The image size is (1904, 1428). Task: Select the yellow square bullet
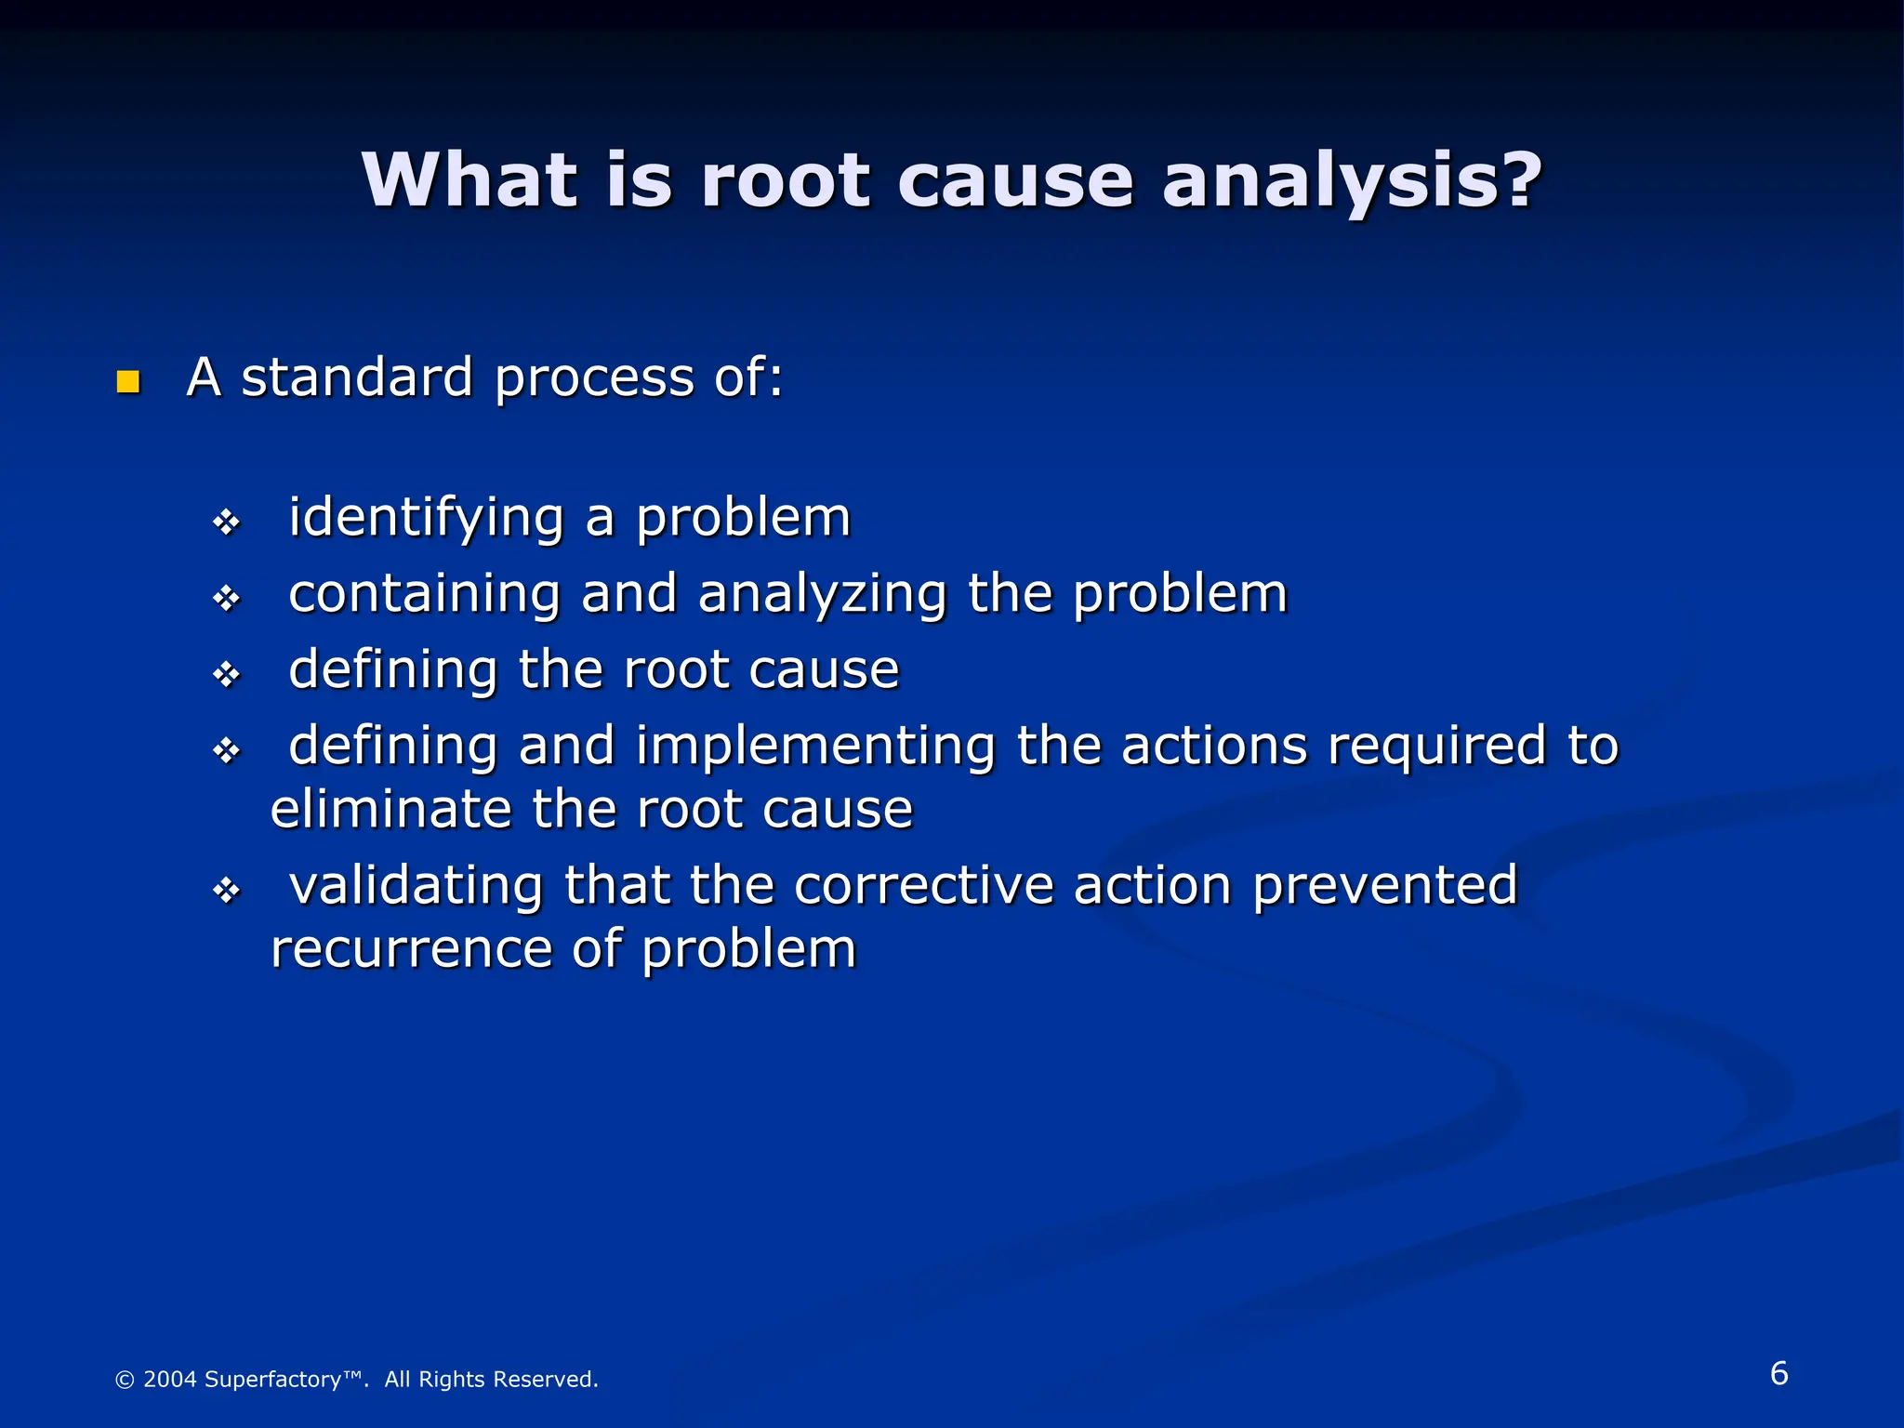click(x=128, y=381)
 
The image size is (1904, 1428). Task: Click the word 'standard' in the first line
click(x=357, y=377)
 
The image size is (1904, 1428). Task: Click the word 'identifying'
click(x=426, y=519)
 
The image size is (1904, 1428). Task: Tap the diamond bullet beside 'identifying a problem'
click(x=227, y=522)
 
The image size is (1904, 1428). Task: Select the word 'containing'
click(x=424, y=595)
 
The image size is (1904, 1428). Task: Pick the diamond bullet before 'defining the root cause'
click(x=227, y=674)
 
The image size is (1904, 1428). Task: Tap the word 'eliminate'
click(x=390, y=809)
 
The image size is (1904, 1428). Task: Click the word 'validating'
click(x=416, y=885)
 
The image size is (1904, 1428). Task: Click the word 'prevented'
click(x=1384, y=885)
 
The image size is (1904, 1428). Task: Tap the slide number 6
click(x=1778, y=1373)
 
